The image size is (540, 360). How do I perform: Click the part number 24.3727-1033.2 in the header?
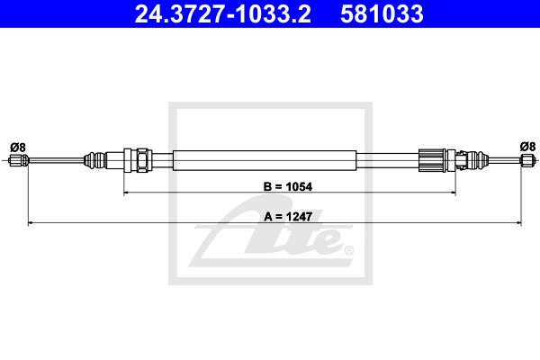[223, 13]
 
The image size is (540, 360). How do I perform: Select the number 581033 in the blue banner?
[382, 13]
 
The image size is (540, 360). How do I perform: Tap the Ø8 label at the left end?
[18, 148]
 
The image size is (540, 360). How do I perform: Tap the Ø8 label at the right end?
[527, 147]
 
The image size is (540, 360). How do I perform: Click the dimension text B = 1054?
[288, 186]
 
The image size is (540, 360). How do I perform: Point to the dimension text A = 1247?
[288, 217]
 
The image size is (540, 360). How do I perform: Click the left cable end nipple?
[19, 160]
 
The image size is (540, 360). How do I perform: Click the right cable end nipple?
[528, 160]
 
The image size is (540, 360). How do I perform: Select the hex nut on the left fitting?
[142, 160]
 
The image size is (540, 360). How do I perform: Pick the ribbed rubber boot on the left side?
[94, 160]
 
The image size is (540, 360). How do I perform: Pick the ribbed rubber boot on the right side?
[478, 160]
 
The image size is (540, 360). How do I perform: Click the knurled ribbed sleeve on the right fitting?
[432, 160]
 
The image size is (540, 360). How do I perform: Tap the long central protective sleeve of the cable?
[265, 160]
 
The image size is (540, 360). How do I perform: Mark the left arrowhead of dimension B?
[126, 193]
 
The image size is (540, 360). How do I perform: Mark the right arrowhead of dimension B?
[454, 193]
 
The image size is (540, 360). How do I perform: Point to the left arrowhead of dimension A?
[31, 223]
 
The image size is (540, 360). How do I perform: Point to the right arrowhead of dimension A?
[518, 223]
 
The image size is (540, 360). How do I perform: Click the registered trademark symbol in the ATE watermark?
[348, 250]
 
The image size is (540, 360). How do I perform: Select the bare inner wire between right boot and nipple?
[504, 160]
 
